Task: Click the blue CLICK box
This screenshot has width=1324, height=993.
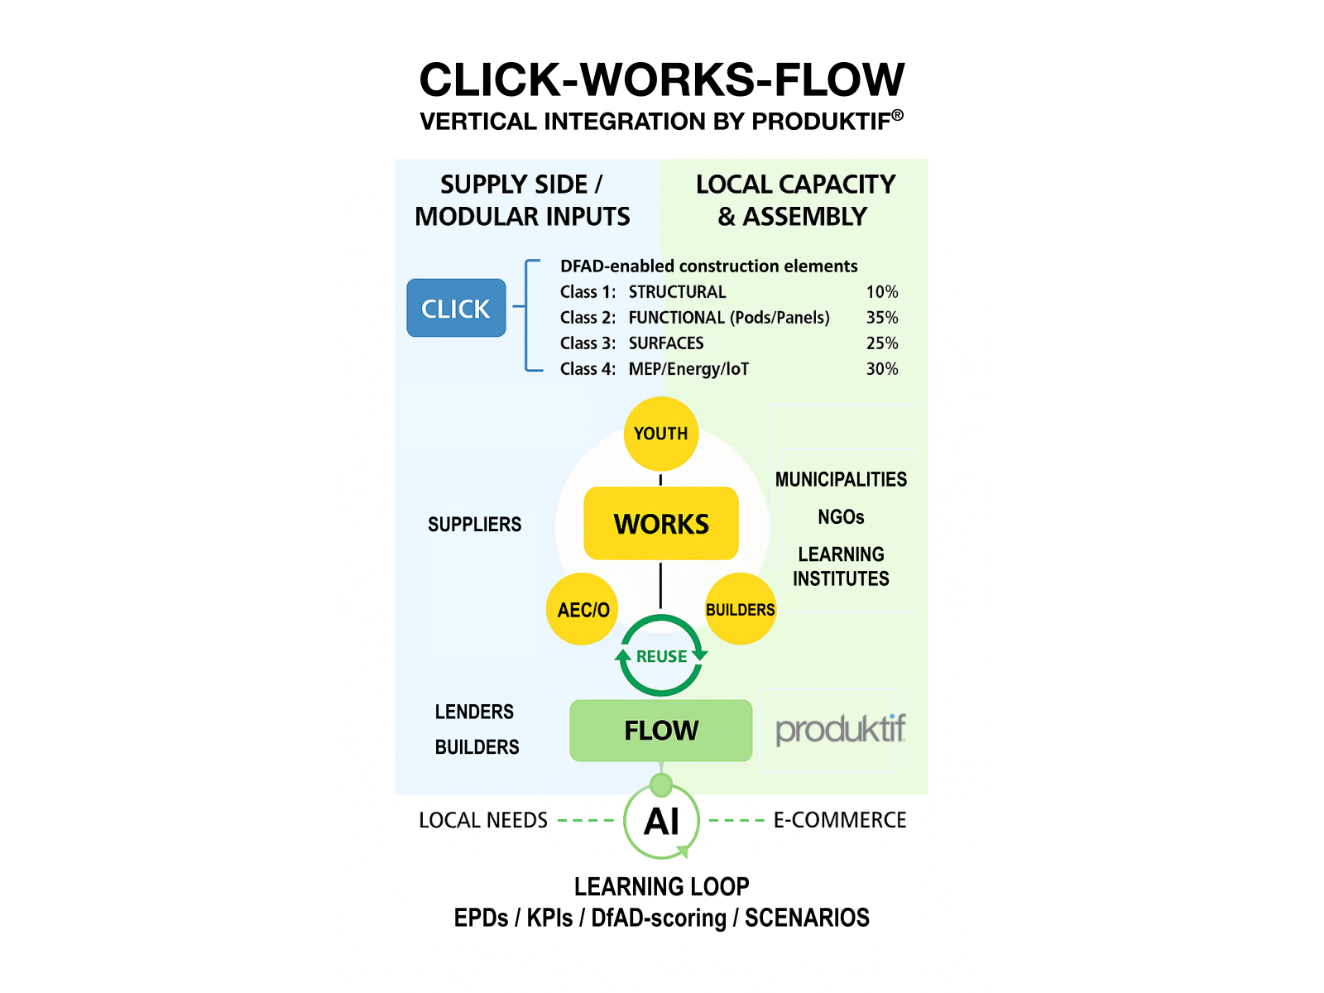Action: tap(456, 308)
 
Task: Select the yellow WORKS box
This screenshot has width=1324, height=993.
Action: tap(661, 524)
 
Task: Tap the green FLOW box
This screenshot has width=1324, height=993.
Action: tap(661, 731)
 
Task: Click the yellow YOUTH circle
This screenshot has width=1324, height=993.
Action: tap(660, 434)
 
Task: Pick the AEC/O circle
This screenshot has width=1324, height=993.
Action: tap(583, 610)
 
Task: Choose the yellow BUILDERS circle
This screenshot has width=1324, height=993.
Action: tap(740, 610)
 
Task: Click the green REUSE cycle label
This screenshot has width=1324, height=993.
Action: tap(661, 656)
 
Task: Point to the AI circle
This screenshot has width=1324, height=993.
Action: tap(661, 822)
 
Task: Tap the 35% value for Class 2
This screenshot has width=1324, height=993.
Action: tap(881, 318)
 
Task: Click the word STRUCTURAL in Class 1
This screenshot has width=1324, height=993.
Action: tap(677, 292)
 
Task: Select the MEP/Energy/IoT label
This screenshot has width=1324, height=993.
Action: tap(688, 369)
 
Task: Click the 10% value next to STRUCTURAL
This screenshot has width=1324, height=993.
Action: tap(881, 292)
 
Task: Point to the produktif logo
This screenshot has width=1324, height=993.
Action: tap(840, 730)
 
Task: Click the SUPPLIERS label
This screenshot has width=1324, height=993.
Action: tap(474, 525)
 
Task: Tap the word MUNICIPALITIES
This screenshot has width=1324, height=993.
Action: tap(841, 480)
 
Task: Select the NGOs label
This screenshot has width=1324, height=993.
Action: tap(841, 517)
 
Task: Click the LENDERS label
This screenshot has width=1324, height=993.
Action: tap(474, 712)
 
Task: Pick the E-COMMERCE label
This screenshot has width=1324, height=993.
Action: tap(839, 820)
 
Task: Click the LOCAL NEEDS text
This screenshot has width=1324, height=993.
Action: tap(483, 820)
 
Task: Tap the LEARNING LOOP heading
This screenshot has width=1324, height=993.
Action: tap(661, 886)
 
